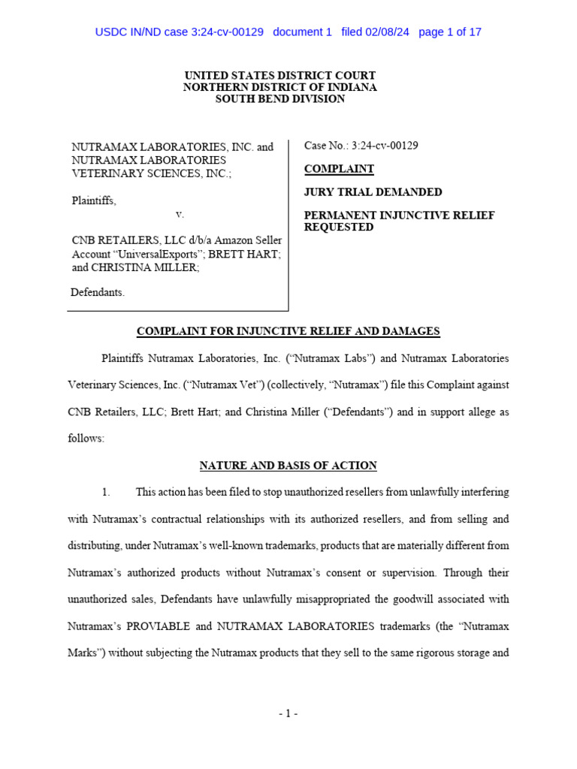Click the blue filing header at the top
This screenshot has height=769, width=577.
pyautogui.click(x=288, y=32)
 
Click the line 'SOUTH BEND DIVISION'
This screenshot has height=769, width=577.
pyautogui.click(x=280, y=99)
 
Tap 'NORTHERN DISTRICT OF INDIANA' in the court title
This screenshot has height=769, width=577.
pyautogui.click(x=280, y=87)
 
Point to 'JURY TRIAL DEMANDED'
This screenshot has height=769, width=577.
pyautogui.click(x=373, y=192)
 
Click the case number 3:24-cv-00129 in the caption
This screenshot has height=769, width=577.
pyautogui.click(x=385, y=146)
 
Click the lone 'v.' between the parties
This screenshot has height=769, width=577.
pyautogui.click(x=180, y=214)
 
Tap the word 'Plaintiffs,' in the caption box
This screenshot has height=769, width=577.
pyautogui.click(x=94, y=201)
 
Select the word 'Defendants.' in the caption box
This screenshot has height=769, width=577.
pyautogui.click(x=98, y=293)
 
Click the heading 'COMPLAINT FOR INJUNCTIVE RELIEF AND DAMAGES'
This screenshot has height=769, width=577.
pyautogui.click(x=288, y=331)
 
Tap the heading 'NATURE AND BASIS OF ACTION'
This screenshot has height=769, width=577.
pyautogui.click(x=288, y=466)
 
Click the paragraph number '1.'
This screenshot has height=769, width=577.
pyautogui.click(x=106, y=493)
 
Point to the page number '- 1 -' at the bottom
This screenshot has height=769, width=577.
pyautogui.click(x=288, y=713)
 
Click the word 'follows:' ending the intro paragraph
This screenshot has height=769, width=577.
pyautogui.click(x=86, y=439)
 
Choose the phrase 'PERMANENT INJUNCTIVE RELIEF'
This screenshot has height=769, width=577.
pyautogui.click(x=399, y=216)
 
